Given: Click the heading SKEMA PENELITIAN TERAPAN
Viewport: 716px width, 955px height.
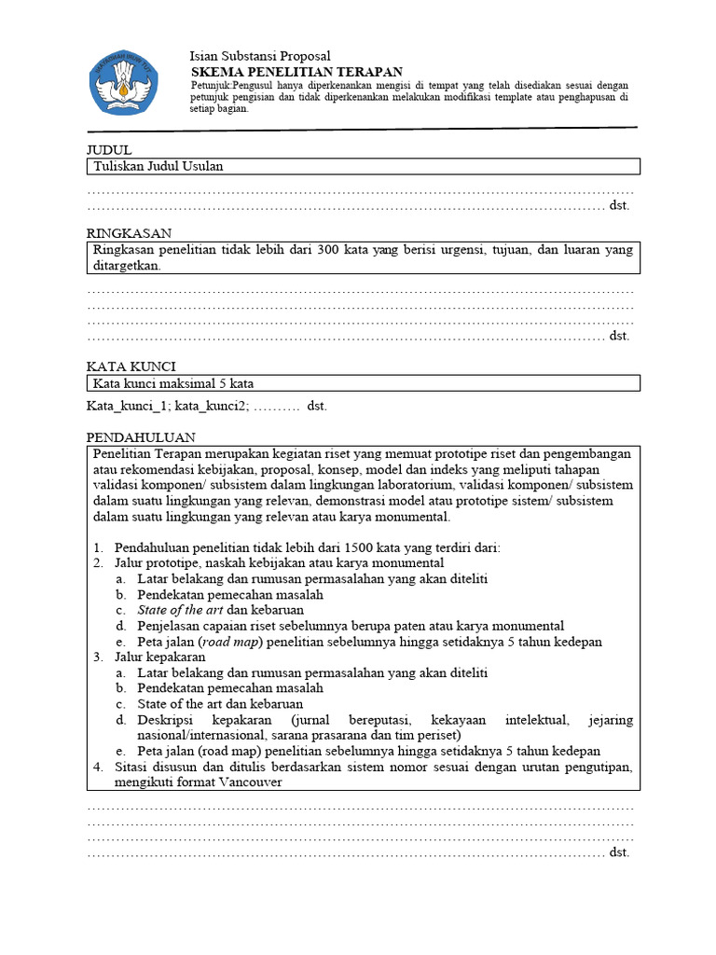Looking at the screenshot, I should point(296,71).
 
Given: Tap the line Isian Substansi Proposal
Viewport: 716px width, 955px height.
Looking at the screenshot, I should point(260,56).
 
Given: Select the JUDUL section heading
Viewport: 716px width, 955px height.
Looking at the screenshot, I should point(109,150).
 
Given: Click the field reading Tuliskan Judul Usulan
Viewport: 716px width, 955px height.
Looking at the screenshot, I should point(158,167).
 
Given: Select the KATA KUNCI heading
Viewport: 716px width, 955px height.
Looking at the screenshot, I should point(131,367).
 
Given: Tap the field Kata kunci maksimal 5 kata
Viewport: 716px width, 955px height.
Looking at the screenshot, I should point(173,383).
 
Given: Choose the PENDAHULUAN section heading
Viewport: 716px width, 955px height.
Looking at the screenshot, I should point(141,436).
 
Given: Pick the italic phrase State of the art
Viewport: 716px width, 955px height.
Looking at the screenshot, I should point(180,610).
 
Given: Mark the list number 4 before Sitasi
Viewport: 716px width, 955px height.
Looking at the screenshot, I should point(97,768).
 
